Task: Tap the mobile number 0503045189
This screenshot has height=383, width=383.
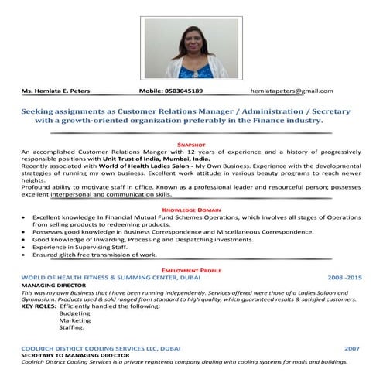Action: tap(181, 91)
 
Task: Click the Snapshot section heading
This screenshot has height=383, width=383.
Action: tap(191, 144)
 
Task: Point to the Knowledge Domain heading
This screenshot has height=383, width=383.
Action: tap(191, 210)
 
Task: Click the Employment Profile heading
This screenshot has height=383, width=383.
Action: tap(191, 269)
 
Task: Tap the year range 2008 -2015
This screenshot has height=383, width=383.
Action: tap(344, 276)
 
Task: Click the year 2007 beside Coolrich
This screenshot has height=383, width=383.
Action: tap(353, 348)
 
